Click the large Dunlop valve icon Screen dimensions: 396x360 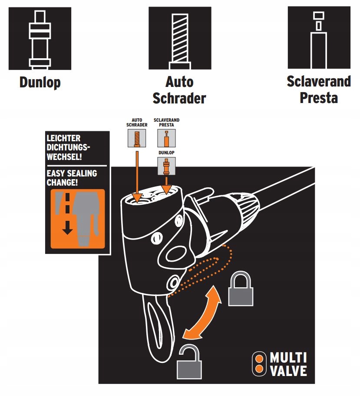40,38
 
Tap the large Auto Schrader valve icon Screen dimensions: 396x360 180,38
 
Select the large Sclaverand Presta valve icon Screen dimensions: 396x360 319,38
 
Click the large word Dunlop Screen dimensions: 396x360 40,82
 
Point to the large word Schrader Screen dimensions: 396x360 179,98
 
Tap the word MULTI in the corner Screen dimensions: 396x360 288,358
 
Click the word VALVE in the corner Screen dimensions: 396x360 288,371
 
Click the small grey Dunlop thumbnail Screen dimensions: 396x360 166,166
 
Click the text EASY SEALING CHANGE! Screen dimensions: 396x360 72,177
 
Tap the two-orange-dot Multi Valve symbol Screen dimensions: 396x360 259,364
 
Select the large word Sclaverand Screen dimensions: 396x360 319,81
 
